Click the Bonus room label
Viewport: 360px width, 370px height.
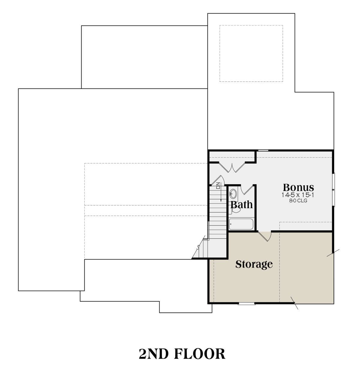tap(298, 188)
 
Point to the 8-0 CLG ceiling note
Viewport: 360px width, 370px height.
tap(298, 201)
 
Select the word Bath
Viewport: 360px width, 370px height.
tap(241, 205)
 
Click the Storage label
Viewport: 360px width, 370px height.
tap(254, 264)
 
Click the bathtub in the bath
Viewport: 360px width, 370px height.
tap(241, 224)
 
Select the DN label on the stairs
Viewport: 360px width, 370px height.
tap(218, 185)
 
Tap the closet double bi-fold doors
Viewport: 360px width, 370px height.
tap(232, 167)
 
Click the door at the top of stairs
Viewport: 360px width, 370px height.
tap(218, 180)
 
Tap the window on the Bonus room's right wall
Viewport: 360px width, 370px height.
tap(334, 190)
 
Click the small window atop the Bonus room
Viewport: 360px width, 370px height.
tap(263, 151)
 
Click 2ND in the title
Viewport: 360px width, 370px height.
tap(154, 354)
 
